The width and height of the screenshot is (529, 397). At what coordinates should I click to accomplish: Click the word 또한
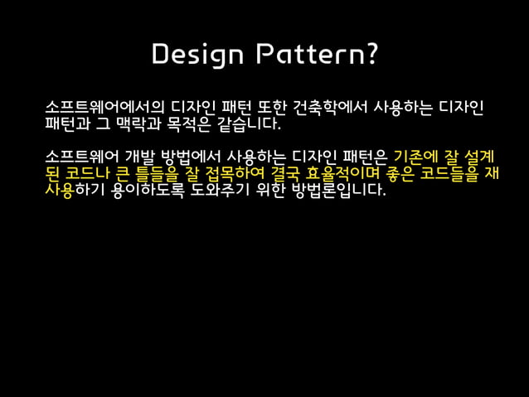click(266, 110)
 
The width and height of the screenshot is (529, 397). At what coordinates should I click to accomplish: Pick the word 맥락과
click(141, 129)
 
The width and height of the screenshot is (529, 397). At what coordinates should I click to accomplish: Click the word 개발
click(137, 157)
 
